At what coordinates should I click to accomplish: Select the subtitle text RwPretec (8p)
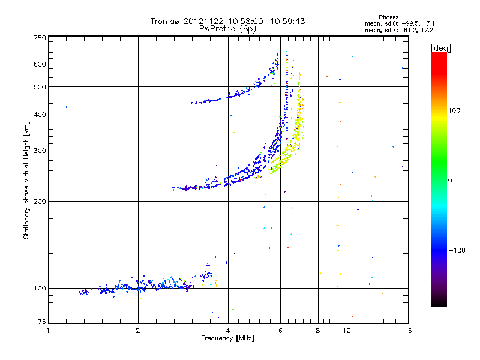pos(228,28)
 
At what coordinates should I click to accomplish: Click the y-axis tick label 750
pos(40,38)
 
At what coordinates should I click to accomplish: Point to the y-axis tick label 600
pos(40,64)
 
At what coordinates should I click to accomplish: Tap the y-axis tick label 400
pos(40,115)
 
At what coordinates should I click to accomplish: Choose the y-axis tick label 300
pos(40,151)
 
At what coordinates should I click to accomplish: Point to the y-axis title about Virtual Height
pos(26,180)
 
